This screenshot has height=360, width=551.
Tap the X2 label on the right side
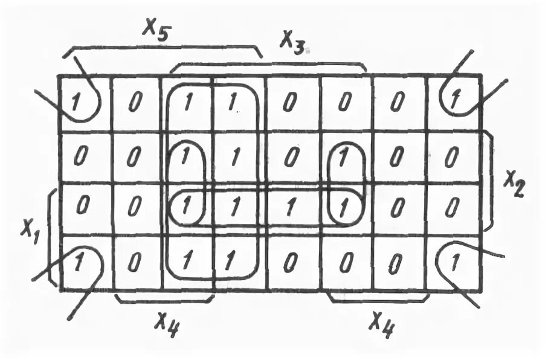click(x=515, y=182)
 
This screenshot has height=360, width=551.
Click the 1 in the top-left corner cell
click(x=76, y=103)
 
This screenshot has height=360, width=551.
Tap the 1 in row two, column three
click(x=185, y=156)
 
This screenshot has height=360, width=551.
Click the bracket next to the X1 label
click(x=54, y=236)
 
